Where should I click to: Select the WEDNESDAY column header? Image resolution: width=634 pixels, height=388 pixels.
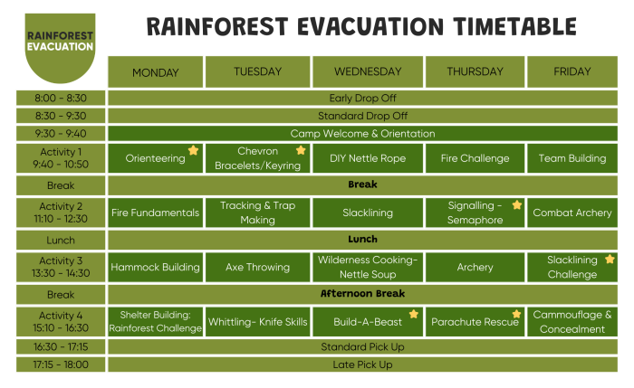(x=367, y=72)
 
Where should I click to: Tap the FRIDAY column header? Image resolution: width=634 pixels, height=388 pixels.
(x=572, y=72)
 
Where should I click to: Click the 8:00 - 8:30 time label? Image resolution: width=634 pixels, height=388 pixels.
(x=60, y=98)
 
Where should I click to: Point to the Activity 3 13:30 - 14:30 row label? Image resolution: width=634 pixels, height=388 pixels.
(x=60, y=267)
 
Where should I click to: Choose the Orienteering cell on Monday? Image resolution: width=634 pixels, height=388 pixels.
(x=155, y=158)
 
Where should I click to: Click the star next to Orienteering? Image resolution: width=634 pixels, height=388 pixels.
(x=193, y=151)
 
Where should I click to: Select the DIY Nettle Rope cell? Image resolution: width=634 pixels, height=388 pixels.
(x=367, y=158)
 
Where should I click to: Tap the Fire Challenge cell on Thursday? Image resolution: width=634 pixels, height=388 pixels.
(x=475, y=158)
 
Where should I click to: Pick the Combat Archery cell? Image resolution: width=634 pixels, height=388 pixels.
(x=572, y=213)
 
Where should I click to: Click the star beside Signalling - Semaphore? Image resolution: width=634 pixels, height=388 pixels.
(x=516, y=205)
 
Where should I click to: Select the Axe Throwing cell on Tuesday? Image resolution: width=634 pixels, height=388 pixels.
(x=257, y=267)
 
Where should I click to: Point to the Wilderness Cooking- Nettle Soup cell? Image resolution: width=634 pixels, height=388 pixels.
(x=367, y=267)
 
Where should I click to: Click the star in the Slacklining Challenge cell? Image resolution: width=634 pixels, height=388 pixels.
(x=610, y=260)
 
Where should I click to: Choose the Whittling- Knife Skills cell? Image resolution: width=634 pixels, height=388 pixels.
(x=257, y=322)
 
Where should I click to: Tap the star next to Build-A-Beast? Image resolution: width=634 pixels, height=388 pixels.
(x=413, y=314)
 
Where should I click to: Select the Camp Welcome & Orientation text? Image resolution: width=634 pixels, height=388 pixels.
(x=362, y=134)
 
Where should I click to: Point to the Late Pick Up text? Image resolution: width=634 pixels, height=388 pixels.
(x=362, y=364)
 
